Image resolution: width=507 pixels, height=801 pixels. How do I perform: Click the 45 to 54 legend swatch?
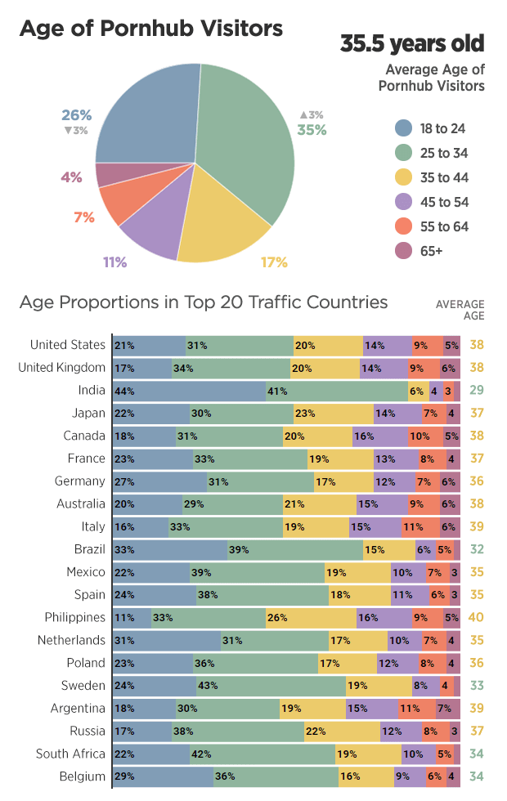(402, 202)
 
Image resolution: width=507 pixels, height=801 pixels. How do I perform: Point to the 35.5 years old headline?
(412, 43)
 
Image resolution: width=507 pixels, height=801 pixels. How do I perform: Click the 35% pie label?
(312, 130)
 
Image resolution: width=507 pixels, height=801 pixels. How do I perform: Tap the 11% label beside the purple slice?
(114, 262)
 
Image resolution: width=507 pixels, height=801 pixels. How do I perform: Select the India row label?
(90, 391)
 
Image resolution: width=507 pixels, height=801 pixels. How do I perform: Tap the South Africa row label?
(70, 754)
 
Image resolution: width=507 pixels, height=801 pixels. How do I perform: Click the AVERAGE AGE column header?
(460, 310)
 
